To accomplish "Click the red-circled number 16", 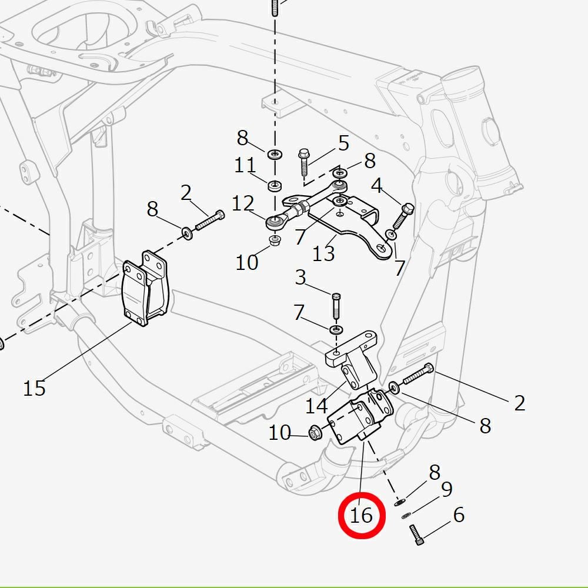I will point(361,516).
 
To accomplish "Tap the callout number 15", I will point(34,388).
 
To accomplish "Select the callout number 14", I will point(316,406).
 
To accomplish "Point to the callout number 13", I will point(323,253).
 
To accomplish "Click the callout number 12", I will point(242,204).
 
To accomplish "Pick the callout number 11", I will point(245,165).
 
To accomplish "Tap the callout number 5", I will point(343,143).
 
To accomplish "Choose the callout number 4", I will point(377,186).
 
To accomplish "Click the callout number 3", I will point(300,278).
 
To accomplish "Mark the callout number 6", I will point(459,515).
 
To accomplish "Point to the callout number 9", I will point(446,489).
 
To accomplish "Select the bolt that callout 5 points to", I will point(305,162).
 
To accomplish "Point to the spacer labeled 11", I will point(273,186).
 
